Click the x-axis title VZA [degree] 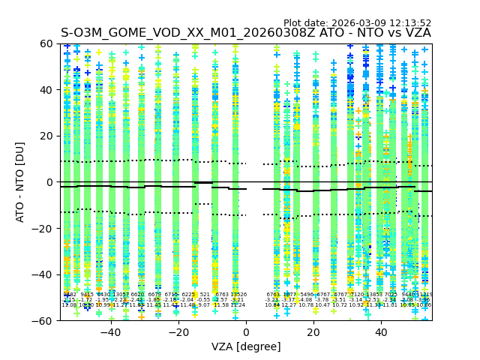coord(246,346)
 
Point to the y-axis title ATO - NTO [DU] coord(20,182)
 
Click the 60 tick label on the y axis coord(46,43)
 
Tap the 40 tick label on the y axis coord(46,90)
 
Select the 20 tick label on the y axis coord(46,136)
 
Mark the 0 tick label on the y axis coord(49,182)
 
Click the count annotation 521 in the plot coord(205,295)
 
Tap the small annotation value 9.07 coord(204,305)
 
